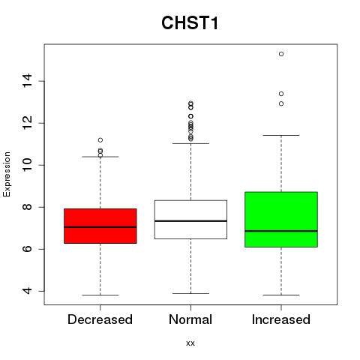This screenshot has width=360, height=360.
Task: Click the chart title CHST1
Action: (x=190, y=22)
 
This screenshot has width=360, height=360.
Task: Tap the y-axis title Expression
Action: (x=7, y=174)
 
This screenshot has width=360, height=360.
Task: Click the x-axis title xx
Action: (x=190, y=343)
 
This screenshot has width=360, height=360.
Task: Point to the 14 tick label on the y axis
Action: (x=27, y=81)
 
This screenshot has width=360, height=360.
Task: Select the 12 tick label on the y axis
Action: (x=27, y=123)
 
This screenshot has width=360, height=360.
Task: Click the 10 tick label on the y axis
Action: (x=27, y=165)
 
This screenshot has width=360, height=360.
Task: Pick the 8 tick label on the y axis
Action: (x=27, y=207)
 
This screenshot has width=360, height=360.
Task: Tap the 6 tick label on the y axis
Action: (x=27, y=249)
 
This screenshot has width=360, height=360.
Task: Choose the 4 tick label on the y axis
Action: (x=27, y=291)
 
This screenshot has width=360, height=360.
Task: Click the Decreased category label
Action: (x=100, y=319)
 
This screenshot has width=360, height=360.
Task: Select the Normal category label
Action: (x=190, y=319)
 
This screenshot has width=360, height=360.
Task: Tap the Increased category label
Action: (x=281, y=319)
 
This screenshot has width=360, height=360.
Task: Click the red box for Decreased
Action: (x=100, y=226)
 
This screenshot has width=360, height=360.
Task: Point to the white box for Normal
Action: (x=190, y=220)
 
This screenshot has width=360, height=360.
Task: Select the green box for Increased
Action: (x=281, y=220)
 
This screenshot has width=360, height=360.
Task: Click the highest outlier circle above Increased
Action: (x=281, y=54)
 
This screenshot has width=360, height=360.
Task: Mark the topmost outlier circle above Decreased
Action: (x=100, y=140)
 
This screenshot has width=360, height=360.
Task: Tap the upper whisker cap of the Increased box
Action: (x=281, y=135)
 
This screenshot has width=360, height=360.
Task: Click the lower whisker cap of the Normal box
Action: (x=190, y=293)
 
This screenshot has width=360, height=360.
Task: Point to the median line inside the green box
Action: (x=281, y=231)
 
